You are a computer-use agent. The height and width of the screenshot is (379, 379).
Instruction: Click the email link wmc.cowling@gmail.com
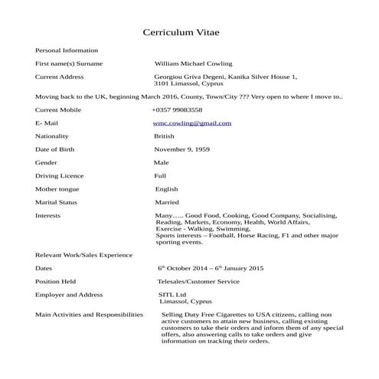click(x=192, y=123)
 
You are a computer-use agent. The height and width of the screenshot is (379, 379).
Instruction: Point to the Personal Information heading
click(x=67, y=50)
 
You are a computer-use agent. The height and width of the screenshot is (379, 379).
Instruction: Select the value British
click(x=164, y=136)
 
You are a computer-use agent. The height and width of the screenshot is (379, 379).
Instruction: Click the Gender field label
click(x=47, y=162)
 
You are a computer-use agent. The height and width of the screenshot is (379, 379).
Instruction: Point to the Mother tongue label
click(x=57, y=189)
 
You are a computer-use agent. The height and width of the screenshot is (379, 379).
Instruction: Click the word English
click(x=166, y=189)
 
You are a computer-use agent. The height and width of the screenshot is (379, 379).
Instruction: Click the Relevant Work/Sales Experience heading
click(x=84, y=255)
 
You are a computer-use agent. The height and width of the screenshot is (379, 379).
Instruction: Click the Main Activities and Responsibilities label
click(x=89, y=315)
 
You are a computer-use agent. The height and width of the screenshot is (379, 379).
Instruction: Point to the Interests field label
click(x=48, y=216)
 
